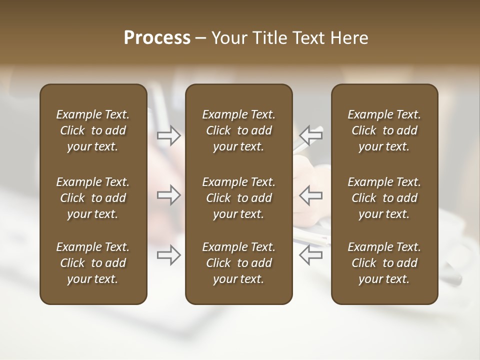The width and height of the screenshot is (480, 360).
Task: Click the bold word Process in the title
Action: click(157, 38)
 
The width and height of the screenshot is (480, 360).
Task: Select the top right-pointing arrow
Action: click(168, 135)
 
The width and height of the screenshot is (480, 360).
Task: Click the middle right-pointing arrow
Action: click(168, 194)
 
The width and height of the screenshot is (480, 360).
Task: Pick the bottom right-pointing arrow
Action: click(168, 255)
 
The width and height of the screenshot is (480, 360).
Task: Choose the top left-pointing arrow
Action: click(311, 135)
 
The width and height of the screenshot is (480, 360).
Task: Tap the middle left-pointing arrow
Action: click(311, 194)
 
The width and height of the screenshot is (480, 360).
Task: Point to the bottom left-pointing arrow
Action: click(311, 255)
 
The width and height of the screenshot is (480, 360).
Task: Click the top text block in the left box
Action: click(93, 130)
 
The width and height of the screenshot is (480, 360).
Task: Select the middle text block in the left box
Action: click(93, 198)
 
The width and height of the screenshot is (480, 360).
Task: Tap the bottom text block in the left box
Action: click(93, 263)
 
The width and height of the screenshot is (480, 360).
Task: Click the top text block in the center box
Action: click(238, 130)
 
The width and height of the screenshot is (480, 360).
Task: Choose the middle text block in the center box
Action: click(238, 198)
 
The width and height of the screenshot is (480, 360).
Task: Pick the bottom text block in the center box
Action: click(238, 263)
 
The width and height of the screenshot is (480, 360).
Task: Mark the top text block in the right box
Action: click(384, 130)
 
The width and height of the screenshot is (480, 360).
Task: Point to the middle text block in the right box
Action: click(384, 198)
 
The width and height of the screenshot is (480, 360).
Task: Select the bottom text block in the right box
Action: click(384, 263)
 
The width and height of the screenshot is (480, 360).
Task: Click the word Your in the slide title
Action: click(228, 38)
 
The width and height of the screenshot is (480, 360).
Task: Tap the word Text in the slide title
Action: click(306, 38)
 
